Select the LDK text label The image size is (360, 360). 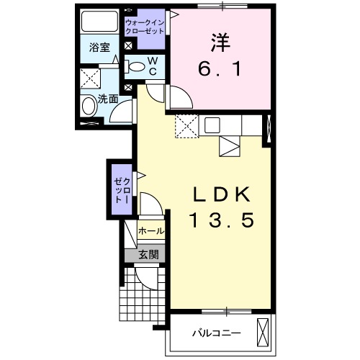(x=222, y=195)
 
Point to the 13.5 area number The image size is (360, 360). (x=222, y=221)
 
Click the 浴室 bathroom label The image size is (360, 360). (x=99, y=48)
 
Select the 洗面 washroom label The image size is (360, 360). (x=108, y=99)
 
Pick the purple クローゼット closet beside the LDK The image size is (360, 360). (x=120, y=189)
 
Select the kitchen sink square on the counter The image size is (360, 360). (x=212, y=125)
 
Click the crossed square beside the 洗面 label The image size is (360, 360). (x=89, y=78)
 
